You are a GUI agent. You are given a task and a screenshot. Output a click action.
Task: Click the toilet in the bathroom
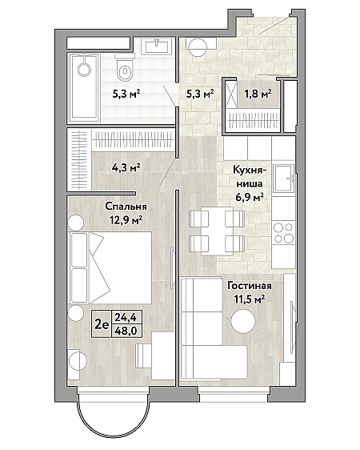point(125,67)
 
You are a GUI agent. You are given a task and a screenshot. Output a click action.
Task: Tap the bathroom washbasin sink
point(156,46)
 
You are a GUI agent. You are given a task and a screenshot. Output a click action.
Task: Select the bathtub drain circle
point(84,69)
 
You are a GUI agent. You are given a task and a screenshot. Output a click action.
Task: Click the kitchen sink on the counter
point(284,179)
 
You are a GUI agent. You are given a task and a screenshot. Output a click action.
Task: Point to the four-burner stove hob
point(283,232)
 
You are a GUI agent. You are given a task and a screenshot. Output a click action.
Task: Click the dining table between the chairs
point(217,231)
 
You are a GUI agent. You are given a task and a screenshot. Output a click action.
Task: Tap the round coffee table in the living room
point(243,321)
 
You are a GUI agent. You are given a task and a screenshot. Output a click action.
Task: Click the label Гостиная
point(250,286)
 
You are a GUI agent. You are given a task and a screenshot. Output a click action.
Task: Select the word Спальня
point(126,207)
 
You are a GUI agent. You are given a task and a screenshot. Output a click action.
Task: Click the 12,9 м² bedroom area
point(126,220)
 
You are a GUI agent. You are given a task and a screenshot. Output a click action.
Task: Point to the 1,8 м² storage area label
point(258,93)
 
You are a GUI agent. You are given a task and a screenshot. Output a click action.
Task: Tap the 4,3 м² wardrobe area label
point(126,167)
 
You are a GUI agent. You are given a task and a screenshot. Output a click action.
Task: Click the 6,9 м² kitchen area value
point(249,198)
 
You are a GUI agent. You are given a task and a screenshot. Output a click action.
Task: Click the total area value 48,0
point(126,331)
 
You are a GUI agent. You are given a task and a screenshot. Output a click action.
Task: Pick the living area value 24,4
point(126,317)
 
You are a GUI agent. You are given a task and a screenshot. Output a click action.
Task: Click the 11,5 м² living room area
point(250,299)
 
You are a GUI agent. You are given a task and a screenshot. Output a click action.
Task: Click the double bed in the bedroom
point(110,267)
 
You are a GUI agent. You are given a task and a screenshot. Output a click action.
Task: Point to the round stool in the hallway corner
point(196,46)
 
